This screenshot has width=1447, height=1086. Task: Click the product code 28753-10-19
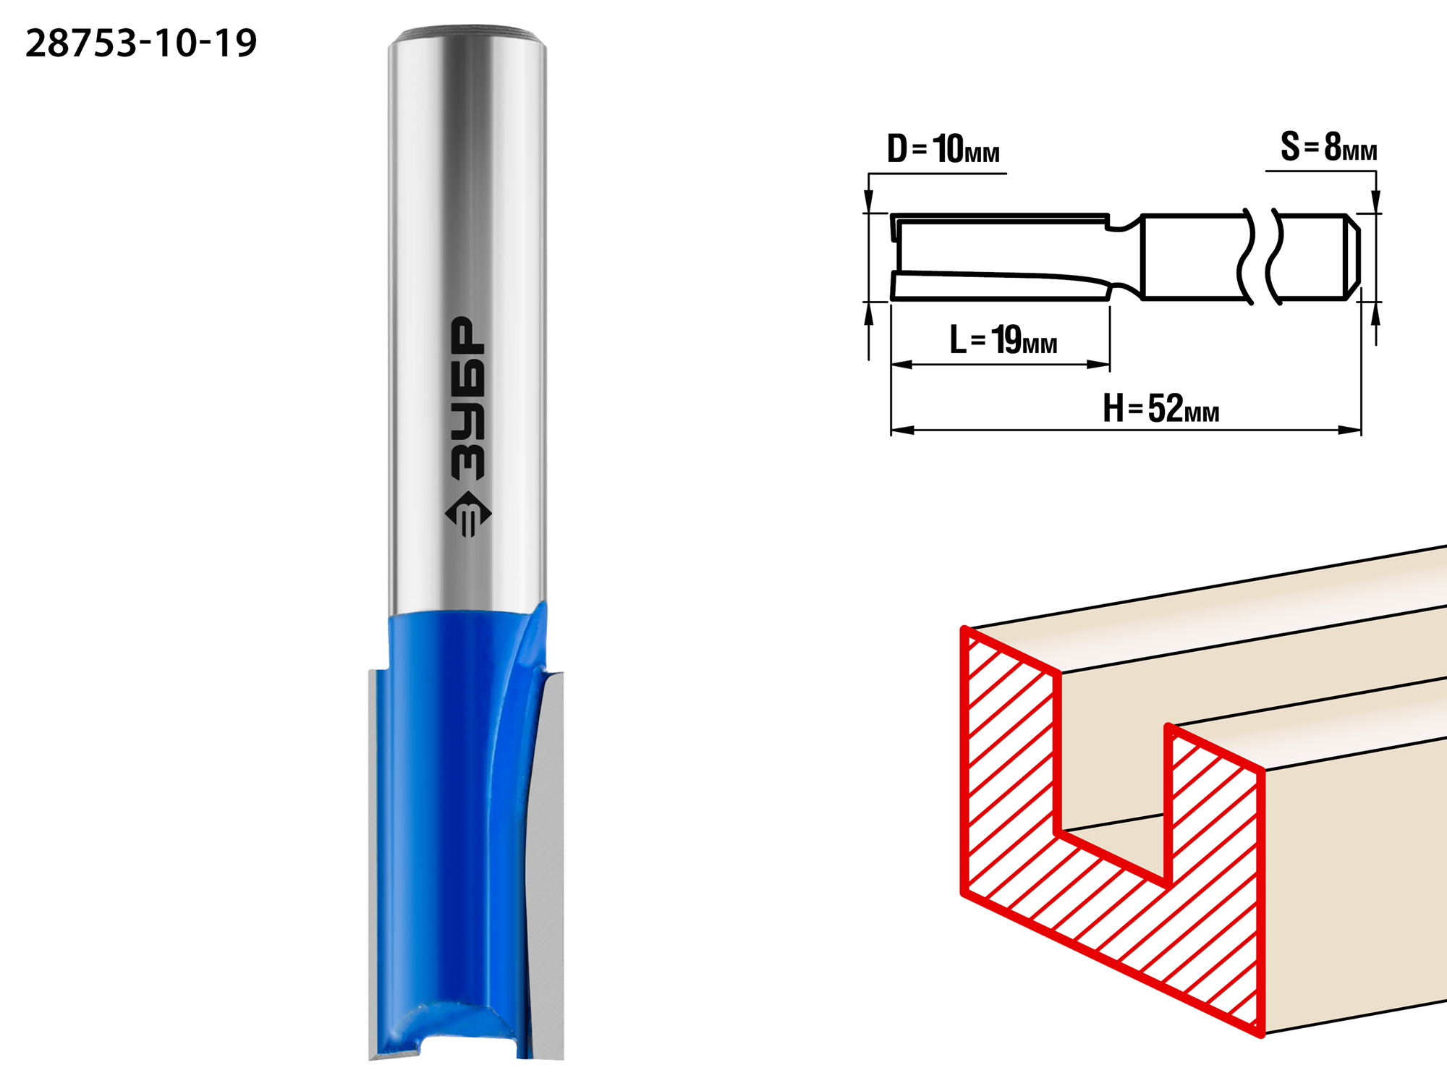(141, 43)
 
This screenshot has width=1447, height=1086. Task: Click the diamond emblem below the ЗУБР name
(467, 514)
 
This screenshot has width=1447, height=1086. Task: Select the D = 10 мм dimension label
(943, 149)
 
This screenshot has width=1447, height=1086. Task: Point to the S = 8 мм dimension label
(1328, 147)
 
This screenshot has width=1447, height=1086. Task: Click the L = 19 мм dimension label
(1003, 339)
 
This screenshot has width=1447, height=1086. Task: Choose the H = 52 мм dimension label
(1160, 408)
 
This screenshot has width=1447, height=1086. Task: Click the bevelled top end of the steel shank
(467, 36)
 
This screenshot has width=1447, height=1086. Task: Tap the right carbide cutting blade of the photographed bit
(548, 865)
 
